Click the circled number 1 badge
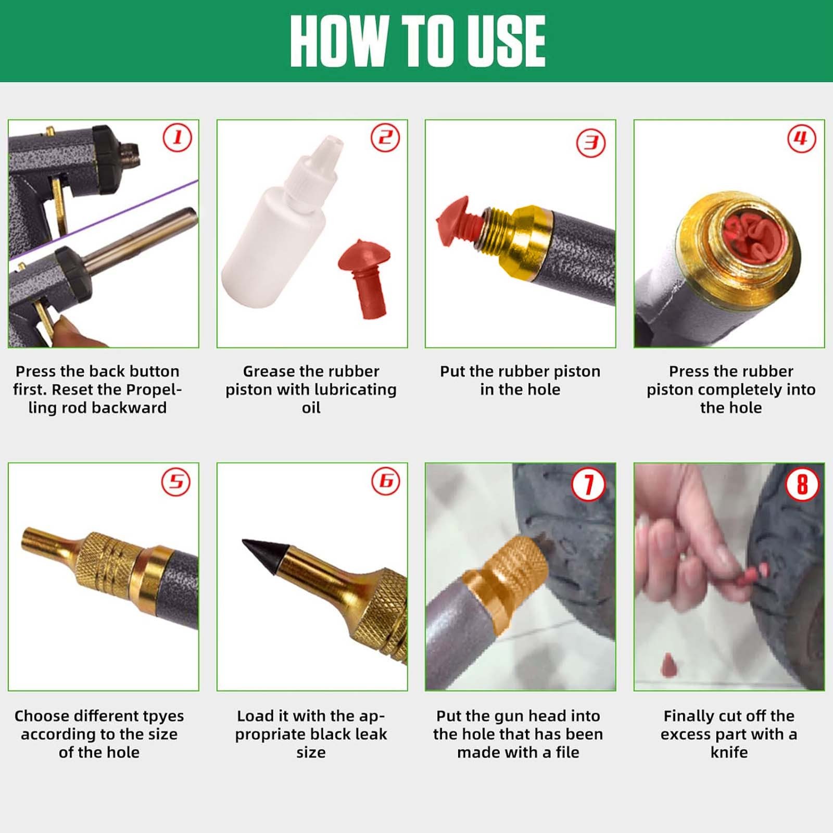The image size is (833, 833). [x=178, y=138]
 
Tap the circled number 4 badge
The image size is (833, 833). [x=801, y=138]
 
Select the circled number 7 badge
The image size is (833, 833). [x=588, y=485]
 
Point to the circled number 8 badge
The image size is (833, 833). [x=802, y=485]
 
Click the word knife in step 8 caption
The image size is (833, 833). [x=729, y=752]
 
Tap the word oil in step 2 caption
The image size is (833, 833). [x=311, y=408]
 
